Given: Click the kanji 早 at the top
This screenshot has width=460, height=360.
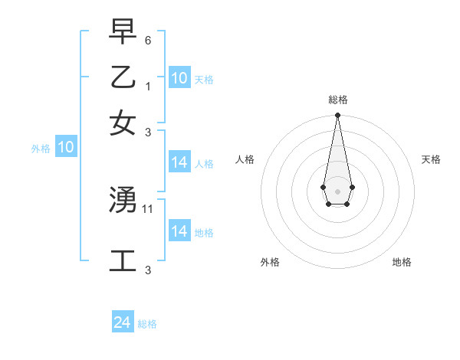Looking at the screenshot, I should [x=123, y=32].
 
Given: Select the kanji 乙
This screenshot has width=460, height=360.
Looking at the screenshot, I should [x=123, y=77].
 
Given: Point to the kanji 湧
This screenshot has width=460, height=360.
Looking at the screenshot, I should [x=123, y=201].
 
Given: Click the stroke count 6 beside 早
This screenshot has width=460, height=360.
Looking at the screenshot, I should [x=148, y=40].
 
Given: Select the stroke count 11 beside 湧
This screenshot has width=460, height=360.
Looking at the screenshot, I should [x=149, y=208].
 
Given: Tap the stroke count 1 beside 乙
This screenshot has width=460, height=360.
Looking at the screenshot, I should [x=148, y=87].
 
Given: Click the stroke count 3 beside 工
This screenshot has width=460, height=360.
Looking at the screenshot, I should [x=148, y=270].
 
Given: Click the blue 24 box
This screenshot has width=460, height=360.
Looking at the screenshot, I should [x=122, y=323].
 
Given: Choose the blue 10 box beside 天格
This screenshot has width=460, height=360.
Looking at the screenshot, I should [x=179, y=78].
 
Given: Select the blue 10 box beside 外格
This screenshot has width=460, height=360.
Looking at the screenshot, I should [x=66, y=148].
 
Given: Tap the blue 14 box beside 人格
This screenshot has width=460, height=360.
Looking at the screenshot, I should [x=179, y=162].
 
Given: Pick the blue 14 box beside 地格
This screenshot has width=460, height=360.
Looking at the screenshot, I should [x=179, y=231].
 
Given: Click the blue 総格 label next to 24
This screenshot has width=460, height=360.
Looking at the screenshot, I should [x=147, y=325].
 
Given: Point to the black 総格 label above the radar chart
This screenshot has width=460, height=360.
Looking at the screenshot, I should [x=337, y=100].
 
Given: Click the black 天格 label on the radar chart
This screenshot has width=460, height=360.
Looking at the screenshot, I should [x=431, y=159].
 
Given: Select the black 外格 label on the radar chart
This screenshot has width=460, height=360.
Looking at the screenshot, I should [x=270, y=262].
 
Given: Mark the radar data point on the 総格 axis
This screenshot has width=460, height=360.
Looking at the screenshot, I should [x=337, y=116].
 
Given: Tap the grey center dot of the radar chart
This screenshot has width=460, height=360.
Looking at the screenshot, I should [x=337, y=191].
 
